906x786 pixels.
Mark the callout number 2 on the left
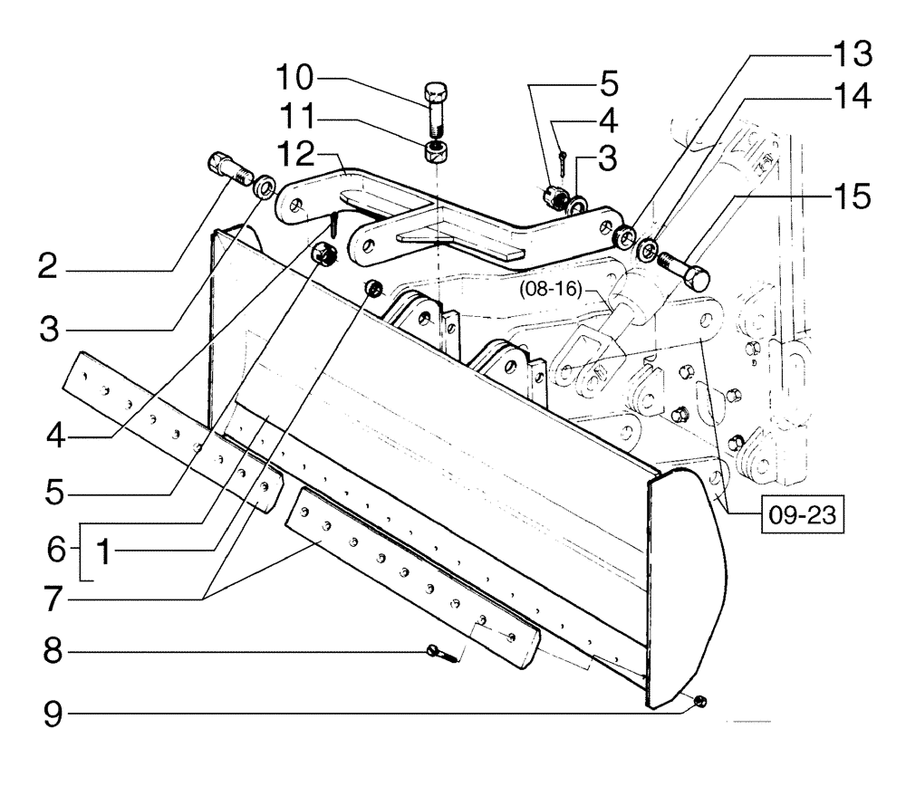52,268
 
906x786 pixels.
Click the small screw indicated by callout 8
439,650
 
